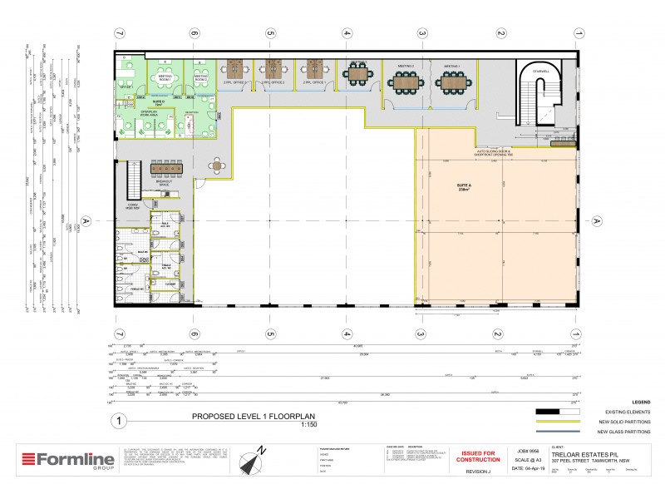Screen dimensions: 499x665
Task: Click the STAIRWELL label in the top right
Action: pyautogui.click(x=540, y=72)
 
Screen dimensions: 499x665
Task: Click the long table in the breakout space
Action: pyautogui.click(x=169, y=167)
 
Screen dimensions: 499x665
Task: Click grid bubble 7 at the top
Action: pyautogui.click(x=119, y=33)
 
